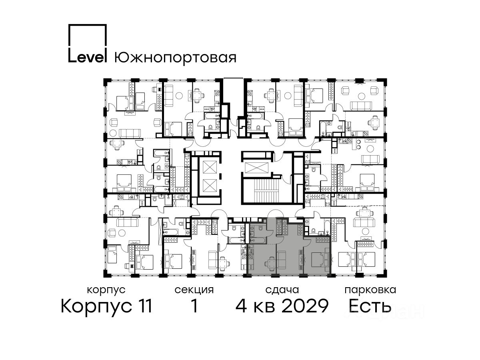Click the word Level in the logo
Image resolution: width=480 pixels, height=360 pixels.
coord(87,56)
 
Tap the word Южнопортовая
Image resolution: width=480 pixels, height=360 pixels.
coord(175,58)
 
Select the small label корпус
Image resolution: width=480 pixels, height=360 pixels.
coord(106,290)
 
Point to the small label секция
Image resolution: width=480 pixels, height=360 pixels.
coord(194,290)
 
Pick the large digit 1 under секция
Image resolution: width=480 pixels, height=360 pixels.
coord(194,306)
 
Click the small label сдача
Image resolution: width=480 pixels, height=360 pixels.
coord(282,290)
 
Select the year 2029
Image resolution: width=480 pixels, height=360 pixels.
coord(305,306)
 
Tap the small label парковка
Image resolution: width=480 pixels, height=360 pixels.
coord(370,290)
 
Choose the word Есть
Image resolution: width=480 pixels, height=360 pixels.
coord(370,306)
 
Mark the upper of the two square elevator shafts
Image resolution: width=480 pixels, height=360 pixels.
coord(210,168)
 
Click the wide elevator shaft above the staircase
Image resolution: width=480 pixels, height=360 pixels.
coord(257,168)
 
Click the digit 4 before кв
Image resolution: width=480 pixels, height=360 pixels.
coord(241,306)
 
